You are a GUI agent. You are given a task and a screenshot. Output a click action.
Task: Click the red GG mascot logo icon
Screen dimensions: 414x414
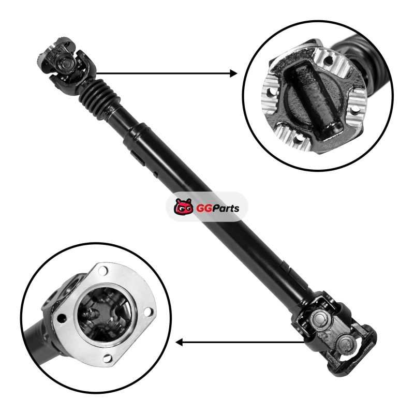click(x=183, y=206)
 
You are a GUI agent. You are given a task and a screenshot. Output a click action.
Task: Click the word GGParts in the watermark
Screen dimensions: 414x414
click(x=217, y=209)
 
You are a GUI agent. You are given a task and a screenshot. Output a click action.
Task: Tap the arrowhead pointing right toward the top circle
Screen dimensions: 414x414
click(x=233, y=73)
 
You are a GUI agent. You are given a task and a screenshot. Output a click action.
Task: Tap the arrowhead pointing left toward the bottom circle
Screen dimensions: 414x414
click(x=179, y=343)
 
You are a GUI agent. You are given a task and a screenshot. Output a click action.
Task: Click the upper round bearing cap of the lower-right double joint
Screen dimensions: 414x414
click(x=319, y=318)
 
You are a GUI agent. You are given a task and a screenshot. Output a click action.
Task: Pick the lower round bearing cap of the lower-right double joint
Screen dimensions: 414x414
click(x=344, y=343)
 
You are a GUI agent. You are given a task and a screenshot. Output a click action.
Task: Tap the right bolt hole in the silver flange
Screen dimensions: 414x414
click(x=149, y=312)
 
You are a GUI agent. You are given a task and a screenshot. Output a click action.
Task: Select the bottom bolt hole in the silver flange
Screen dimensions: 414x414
click(x=108, y=358)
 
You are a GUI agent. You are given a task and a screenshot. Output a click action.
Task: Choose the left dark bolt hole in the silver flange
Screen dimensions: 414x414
click(x=62, y=318)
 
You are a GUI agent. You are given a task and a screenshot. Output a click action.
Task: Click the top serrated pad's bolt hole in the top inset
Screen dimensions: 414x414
click(x=328, y=61)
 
